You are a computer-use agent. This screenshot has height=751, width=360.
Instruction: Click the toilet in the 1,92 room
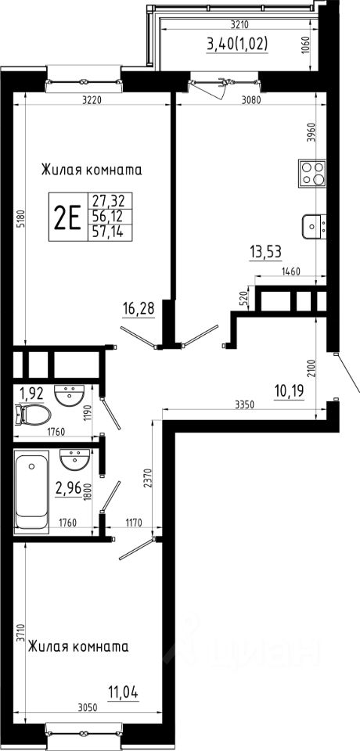(x=33, y=415)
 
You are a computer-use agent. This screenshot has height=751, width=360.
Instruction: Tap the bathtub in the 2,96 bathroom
(x=31, y=491)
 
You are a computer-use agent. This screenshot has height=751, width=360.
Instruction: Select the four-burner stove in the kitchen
(x=311, y=174)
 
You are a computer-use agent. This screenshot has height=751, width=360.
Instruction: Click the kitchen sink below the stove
(x=314, y=227)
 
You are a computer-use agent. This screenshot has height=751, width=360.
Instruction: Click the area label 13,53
(x=265, y=251)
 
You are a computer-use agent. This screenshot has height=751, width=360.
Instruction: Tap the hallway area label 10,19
(x=289, y=392)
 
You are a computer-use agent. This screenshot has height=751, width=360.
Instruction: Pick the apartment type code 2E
(x=67, y=217)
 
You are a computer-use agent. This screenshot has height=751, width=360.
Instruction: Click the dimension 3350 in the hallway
(x=244, y=404)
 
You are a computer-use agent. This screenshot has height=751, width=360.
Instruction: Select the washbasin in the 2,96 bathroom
(x=74, y=460)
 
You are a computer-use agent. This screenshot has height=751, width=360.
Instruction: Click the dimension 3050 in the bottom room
(x=87, y=707)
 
